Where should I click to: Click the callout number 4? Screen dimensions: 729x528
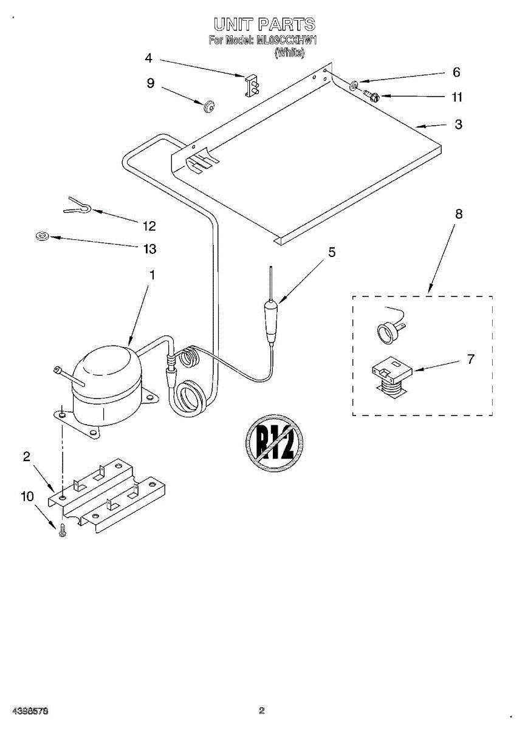148,58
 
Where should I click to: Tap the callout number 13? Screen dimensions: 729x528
149,249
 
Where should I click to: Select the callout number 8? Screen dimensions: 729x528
459,214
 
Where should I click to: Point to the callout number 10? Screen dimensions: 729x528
27,496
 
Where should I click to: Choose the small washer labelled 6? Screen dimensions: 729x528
354,83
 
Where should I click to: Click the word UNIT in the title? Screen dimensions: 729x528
233,24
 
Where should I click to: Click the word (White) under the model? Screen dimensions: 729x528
289,53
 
